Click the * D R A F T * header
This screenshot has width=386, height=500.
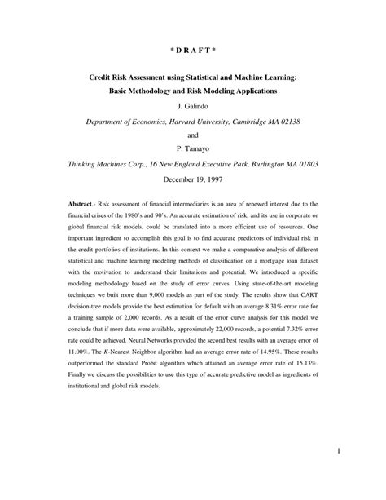pos(193,50)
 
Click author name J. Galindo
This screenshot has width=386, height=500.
pos(193,106)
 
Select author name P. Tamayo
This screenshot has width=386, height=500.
pos(193,148)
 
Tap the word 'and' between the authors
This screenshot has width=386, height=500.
pos(193,135)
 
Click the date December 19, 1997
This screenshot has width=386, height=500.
pos(193,178)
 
